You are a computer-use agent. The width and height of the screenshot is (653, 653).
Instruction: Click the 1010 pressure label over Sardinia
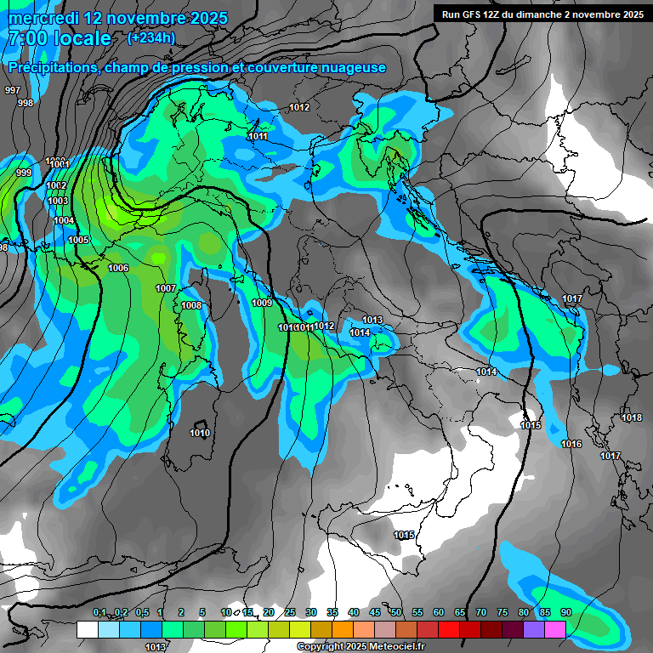coord(200,433)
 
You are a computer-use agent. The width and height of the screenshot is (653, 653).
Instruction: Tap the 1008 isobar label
coord(191,305)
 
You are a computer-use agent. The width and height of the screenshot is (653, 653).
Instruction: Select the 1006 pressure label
coord(118,268)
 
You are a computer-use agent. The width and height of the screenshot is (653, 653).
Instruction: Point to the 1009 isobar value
coord(262,303)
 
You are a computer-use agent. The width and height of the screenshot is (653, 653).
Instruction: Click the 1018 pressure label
coord(632,417)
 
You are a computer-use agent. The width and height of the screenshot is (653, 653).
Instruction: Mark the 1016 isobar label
coord(571,444)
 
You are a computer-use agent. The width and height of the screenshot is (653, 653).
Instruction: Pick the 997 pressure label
coord(13,90)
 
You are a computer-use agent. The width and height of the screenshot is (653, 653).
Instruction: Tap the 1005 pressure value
coord(78,240)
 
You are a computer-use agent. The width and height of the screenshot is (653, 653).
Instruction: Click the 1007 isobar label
coord(166,288)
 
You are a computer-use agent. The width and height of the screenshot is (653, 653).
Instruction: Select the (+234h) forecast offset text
coord(151,37)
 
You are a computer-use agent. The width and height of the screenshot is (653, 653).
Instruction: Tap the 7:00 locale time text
coord(60,38)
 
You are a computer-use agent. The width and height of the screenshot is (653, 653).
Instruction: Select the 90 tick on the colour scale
coord(565,612)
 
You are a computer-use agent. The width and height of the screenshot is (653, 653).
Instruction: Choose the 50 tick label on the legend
coord(396,612)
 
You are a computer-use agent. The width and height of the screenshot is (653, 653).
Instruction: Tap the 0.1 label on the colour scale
coord(99,612)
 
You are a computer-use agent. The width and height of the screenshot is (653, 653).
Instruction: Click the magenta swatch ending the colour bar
coord(555,629)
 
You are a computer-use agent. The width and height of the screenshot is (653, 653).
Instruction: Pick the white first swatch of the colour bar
coord(87,629)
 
